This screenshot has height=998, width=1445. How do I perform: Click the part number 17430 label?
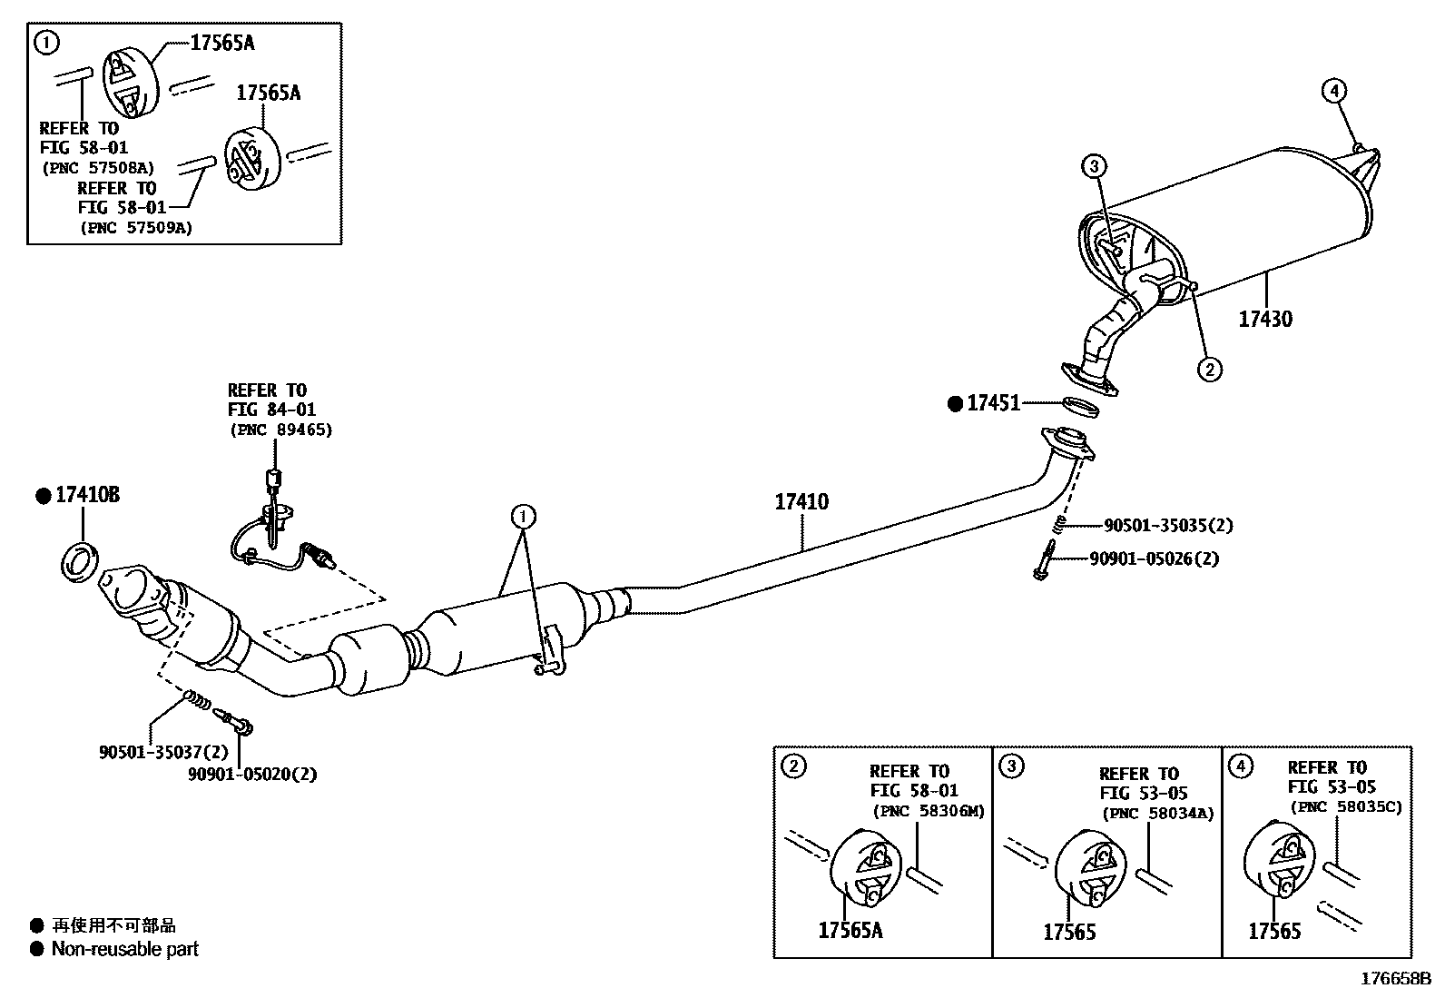click(1265, 319)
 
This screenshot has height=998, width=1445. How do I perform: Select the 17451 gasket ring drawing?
click(1080, 407)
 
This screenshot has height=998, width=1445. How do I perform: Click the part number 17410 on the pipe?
click(801, 501)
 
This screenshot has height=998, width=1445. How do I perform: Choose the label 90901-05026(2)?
click(1154, 558)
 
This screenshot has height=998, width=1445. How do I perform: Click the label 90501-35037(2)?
click(163, 752)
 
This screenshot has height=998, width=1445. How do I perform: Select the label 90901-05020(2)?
click(252, 775)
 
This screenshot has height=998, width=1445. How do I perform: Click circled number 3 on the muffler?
click(1095, 166)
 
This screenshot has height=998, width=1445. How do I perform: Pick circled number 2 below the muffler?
click(1209, 369)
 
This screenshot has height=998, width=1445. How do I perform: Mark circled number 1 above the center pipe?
click(523, 518)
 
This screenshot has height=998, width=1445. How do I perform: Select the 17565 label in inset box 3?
click(1069, 932)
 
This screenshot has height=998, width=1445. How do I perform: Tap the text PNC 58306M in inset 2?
click(928, 811)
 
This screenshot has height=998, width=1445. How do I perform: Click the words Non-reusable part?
click(124, 949)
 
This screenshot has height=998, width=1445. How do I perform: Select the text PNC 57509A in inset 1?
click(136, 228)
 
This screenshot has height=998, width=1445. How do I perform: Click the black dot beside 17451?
click(955, 404)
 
